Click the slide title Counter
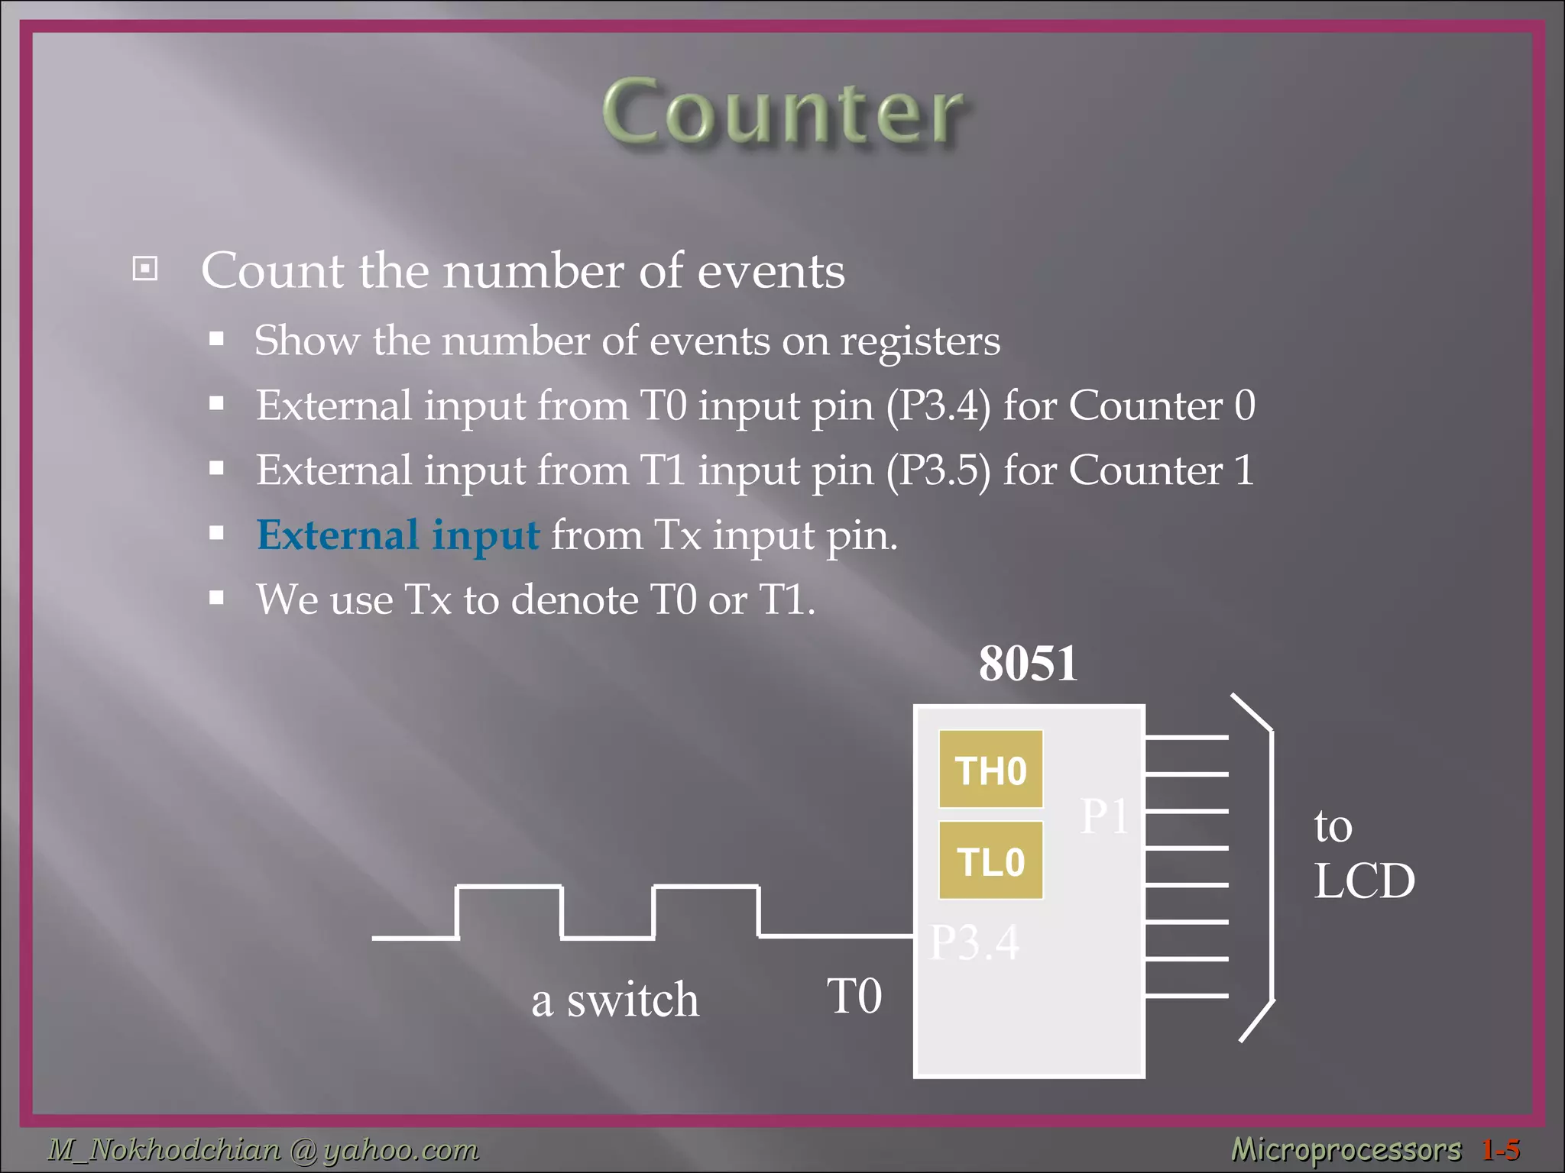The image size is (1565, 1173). tap(782, 112)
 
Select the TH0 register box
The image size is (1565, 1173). tap(990, 770)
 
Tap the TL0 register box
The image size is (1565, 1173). tap(990, 861)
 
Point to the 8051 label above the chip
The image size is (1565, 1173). tap(1028, 663)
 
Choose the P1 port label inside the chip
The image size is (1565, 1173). tap(1103, 816)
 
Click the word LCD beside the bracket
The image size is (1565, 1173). tap(1364, 881)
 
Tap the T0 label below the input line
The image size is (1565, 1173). tap(854, 996)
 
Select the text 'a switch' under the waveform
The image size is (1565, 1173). tap(615, 1000)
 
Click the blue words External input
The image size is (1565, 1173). tap(398, 535)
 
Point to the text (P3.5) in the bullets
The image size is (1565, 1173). tap(938, 470)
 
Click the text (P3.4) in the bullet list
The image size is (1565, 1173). tap(938, 406)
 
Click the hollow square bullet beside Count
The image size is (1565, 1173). tap(145, 269)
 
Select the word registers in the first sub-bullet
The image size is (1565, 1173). tap(920, 341)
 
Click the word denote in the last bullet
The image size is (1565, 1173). tap(575, 600)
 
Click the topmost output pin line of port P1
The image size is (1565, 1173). tap(1186, 737)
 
